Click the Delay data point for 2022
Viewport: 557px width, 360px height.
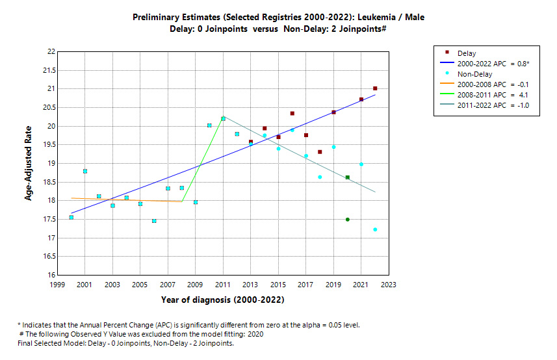[375, 88]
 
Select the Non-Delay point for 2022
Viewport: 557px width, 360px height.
[375, 229]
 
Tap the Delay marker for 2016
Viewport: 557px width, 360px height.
[292, 114]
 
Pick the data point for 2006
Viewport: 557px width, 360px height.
[154, 221]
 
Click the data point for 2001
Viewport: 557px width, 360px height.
[85, 172]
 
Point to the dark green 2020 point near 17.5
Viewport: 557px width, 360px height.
[348, 220]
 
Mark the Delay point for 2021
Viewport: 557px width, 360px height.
[361, 99]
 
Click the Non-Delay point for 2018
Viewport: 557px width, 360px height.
[320, 177]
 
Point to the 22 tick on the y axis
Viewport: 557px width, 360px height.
[51, 51]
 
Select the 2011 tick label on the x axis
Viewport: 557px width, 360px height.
[223, 285]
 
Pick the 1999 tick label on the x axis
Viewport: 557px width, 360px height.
[58, 285]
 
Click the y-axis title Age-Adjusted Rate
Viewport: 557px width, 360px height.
[29, 163]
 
